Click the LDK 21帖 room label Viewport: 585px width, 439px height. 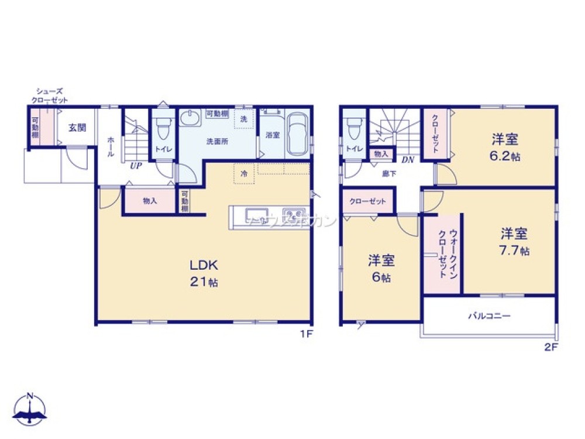click(204, 272)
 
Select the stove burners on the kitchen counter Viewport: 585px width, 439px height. click(293, 212)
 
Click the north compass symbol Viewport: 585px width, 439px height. click(31, 409)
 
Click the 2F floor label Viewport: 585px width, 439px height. click(551, 347)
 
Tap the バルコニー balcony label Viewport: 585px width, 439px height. click(489, 316)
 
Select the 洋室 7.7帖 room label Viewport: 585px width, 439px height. click(515, 242)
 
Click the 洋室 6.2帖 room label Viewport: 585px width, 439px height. click(505, 147)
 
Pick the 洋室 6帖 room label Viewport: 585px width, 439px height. click(381, 268)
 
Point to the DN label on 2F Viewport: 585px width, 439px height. click(408, 159)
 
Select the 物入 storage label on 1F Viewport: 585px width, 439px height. click(150, 201)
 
